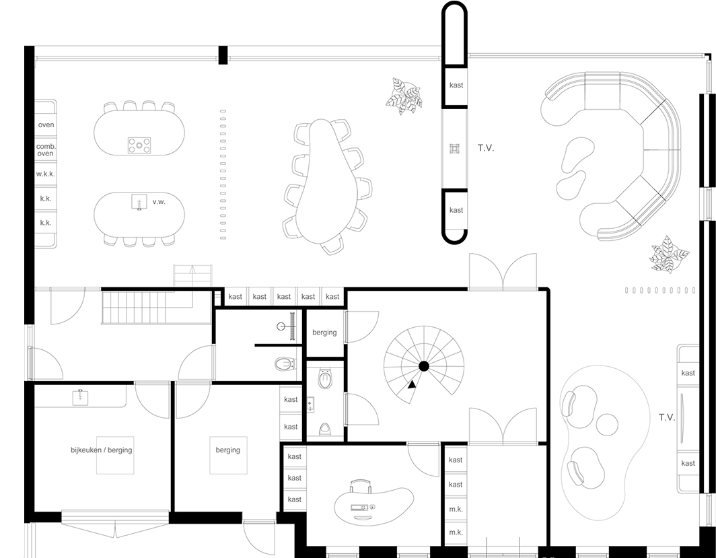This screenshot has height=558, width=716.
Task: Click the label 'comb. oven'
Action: (46, 150)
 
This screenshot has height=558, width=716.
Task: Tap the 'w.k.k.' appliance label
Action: (46, 174)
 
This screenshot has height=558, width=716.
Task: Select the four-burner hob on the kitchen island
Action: (139, 145)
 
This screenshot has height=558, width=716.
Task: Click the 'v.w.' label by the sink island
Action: (159, 202)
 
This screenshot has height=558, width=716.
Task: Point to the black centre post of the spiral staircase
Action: (424, 366)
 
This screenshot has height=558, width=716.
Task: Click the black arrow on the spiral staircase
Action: (412, 384)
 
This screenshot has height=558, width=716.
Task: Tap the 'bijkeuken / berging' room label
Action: (102, 450)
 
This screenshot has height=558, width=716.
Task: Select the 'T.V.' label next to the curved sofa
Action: (486, 148)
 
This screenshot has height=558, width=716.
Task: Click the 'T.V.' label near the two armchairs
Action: (667, 417)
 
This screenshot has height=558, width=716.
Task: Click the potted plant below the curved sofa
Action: (669, 254)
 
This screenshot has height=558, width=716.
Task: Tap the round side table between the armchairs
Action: (607, 424)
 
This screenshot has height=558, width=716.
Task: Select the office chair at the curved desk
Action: (360, 486)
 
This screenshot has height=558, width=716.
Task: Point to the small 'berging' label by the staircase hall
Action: (324, 333)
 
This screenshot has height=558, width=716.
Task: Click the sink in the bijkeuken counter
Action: (80, 397)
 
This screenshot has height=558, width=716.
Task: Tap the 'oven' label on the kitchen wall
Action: (46, 125)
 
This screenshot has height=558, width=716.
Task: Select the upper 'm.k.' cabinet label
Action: (456, 509)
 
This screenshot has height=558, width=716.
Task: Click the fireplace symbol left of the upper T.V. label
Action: (454, 148)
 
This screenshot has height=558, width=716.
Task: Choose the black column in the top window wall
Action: (223, 55)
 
